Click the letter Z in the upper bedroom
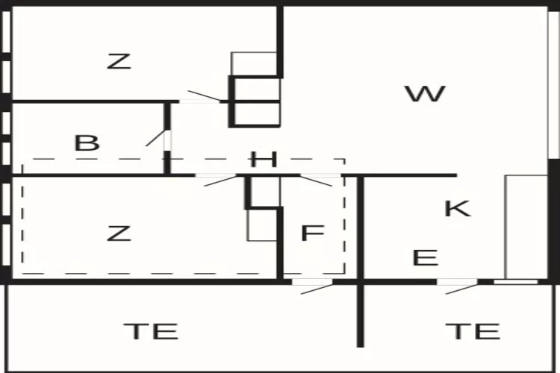coord(119,61)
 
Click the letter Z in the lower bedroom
coord(119,233)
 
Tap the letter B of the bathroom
coord(87,142)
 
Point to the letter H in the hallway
coord(264,160)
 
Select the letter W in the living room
coord(425,94)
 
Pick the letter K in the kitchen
coord(458,208)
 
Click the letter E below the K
coord(426,257)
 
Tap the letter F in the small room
coord(313,233)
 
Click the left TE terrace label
coord(151,331)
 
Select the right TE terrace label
coord(473,331)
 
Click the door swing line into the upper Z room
coord(205,95)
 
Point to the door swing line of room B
coord(156,138)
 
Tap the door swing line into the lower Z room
coord(221,181)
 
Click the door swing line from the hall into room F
coord(316,181)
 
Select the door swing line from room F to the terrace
coord(317,289)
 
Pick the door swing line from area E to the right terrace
coord(462,289)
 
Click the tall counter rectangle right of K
coord(526,227)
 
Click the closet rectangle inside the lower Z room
coord(263,225)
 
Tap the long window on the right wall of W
coord(553,85)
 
